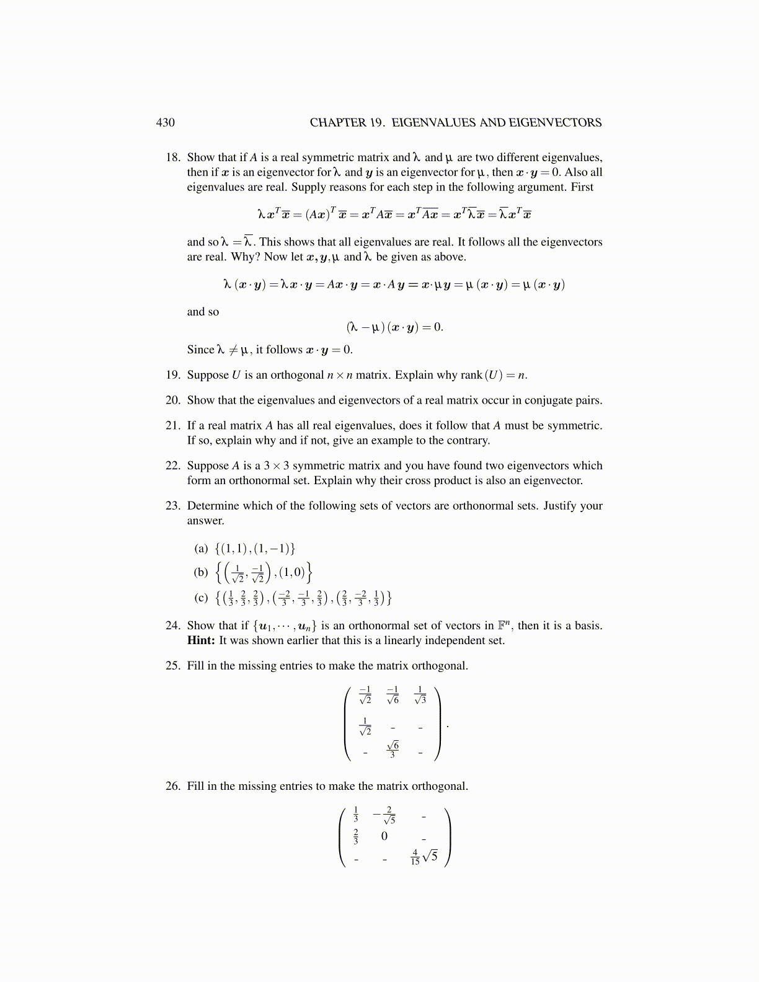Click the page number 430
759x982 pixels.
pyautogui.click(x=165, y=123)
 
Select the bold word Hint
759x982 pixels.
pyautogui.click(x=201, y=640)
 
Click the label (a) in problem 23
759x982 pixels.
pyautogui.click(x=201, y=549)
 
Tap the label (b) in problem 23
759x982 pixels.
pyautogui.click(x=201, y=572)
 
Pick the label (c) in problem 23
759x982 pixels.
pyautogui.click(x=201, y=598)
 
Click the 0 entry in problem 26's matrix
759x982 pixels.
pyautogui.click(x=384, y=836)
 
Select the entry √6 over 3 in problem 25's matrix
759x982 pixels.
pyautogui.click(x=393, y=749)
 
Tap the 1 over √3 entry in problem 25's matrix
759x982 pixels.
pyautogui.click(x=420, y=695)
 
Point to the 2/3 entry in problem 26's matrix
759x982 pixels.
pyautogui.click(x=356, y=836)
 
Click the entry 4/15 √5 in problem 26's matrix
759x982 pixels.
pyautogui.click(x=424, y=857)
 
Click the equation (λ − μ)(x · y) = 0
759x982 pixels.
pyautogui.click(x=394, y=327)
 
